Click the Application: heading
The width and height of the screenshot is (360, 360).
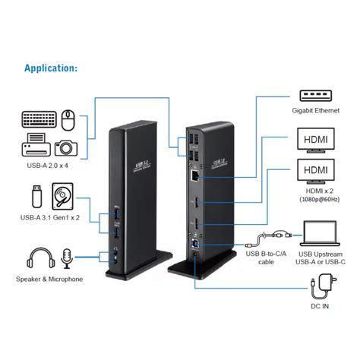51,68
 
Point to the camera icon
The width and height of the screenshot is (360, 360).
66,147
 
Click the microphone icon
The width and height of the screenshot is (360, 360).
67,257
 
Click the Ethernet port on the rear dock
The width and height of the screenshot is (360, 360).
196,174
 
